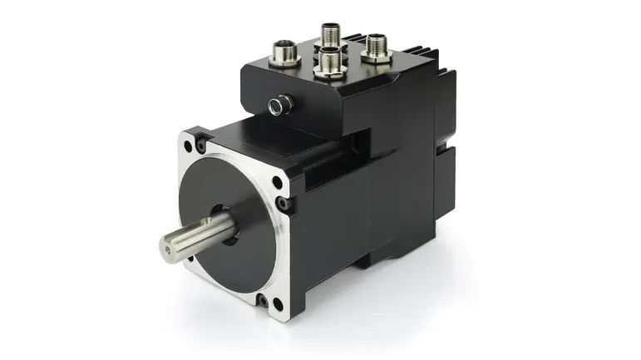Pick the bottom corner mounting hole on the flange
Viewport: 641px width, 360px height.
[264, 301]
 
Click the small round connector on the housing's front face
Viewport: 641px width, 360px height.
[277, 103]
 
